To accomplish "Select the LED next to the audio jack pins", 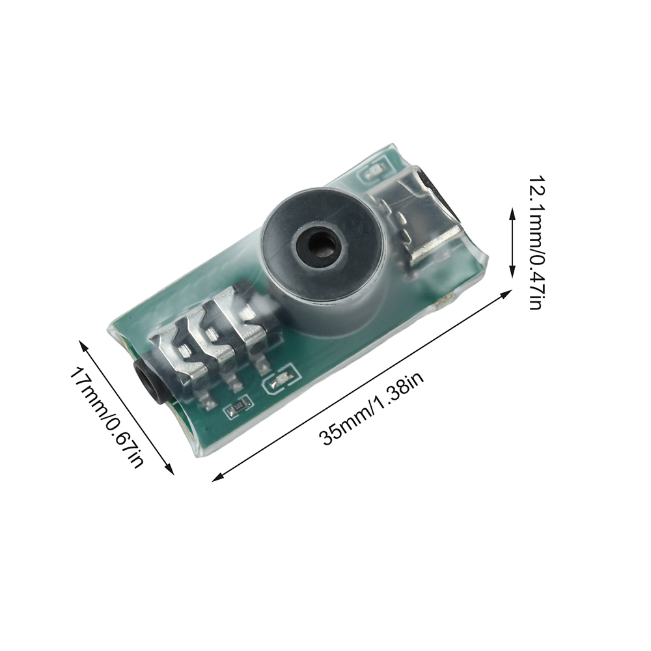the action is click(x=280, y=378).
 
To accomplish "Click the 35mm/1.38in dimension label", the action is click(x=372, y=408).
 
